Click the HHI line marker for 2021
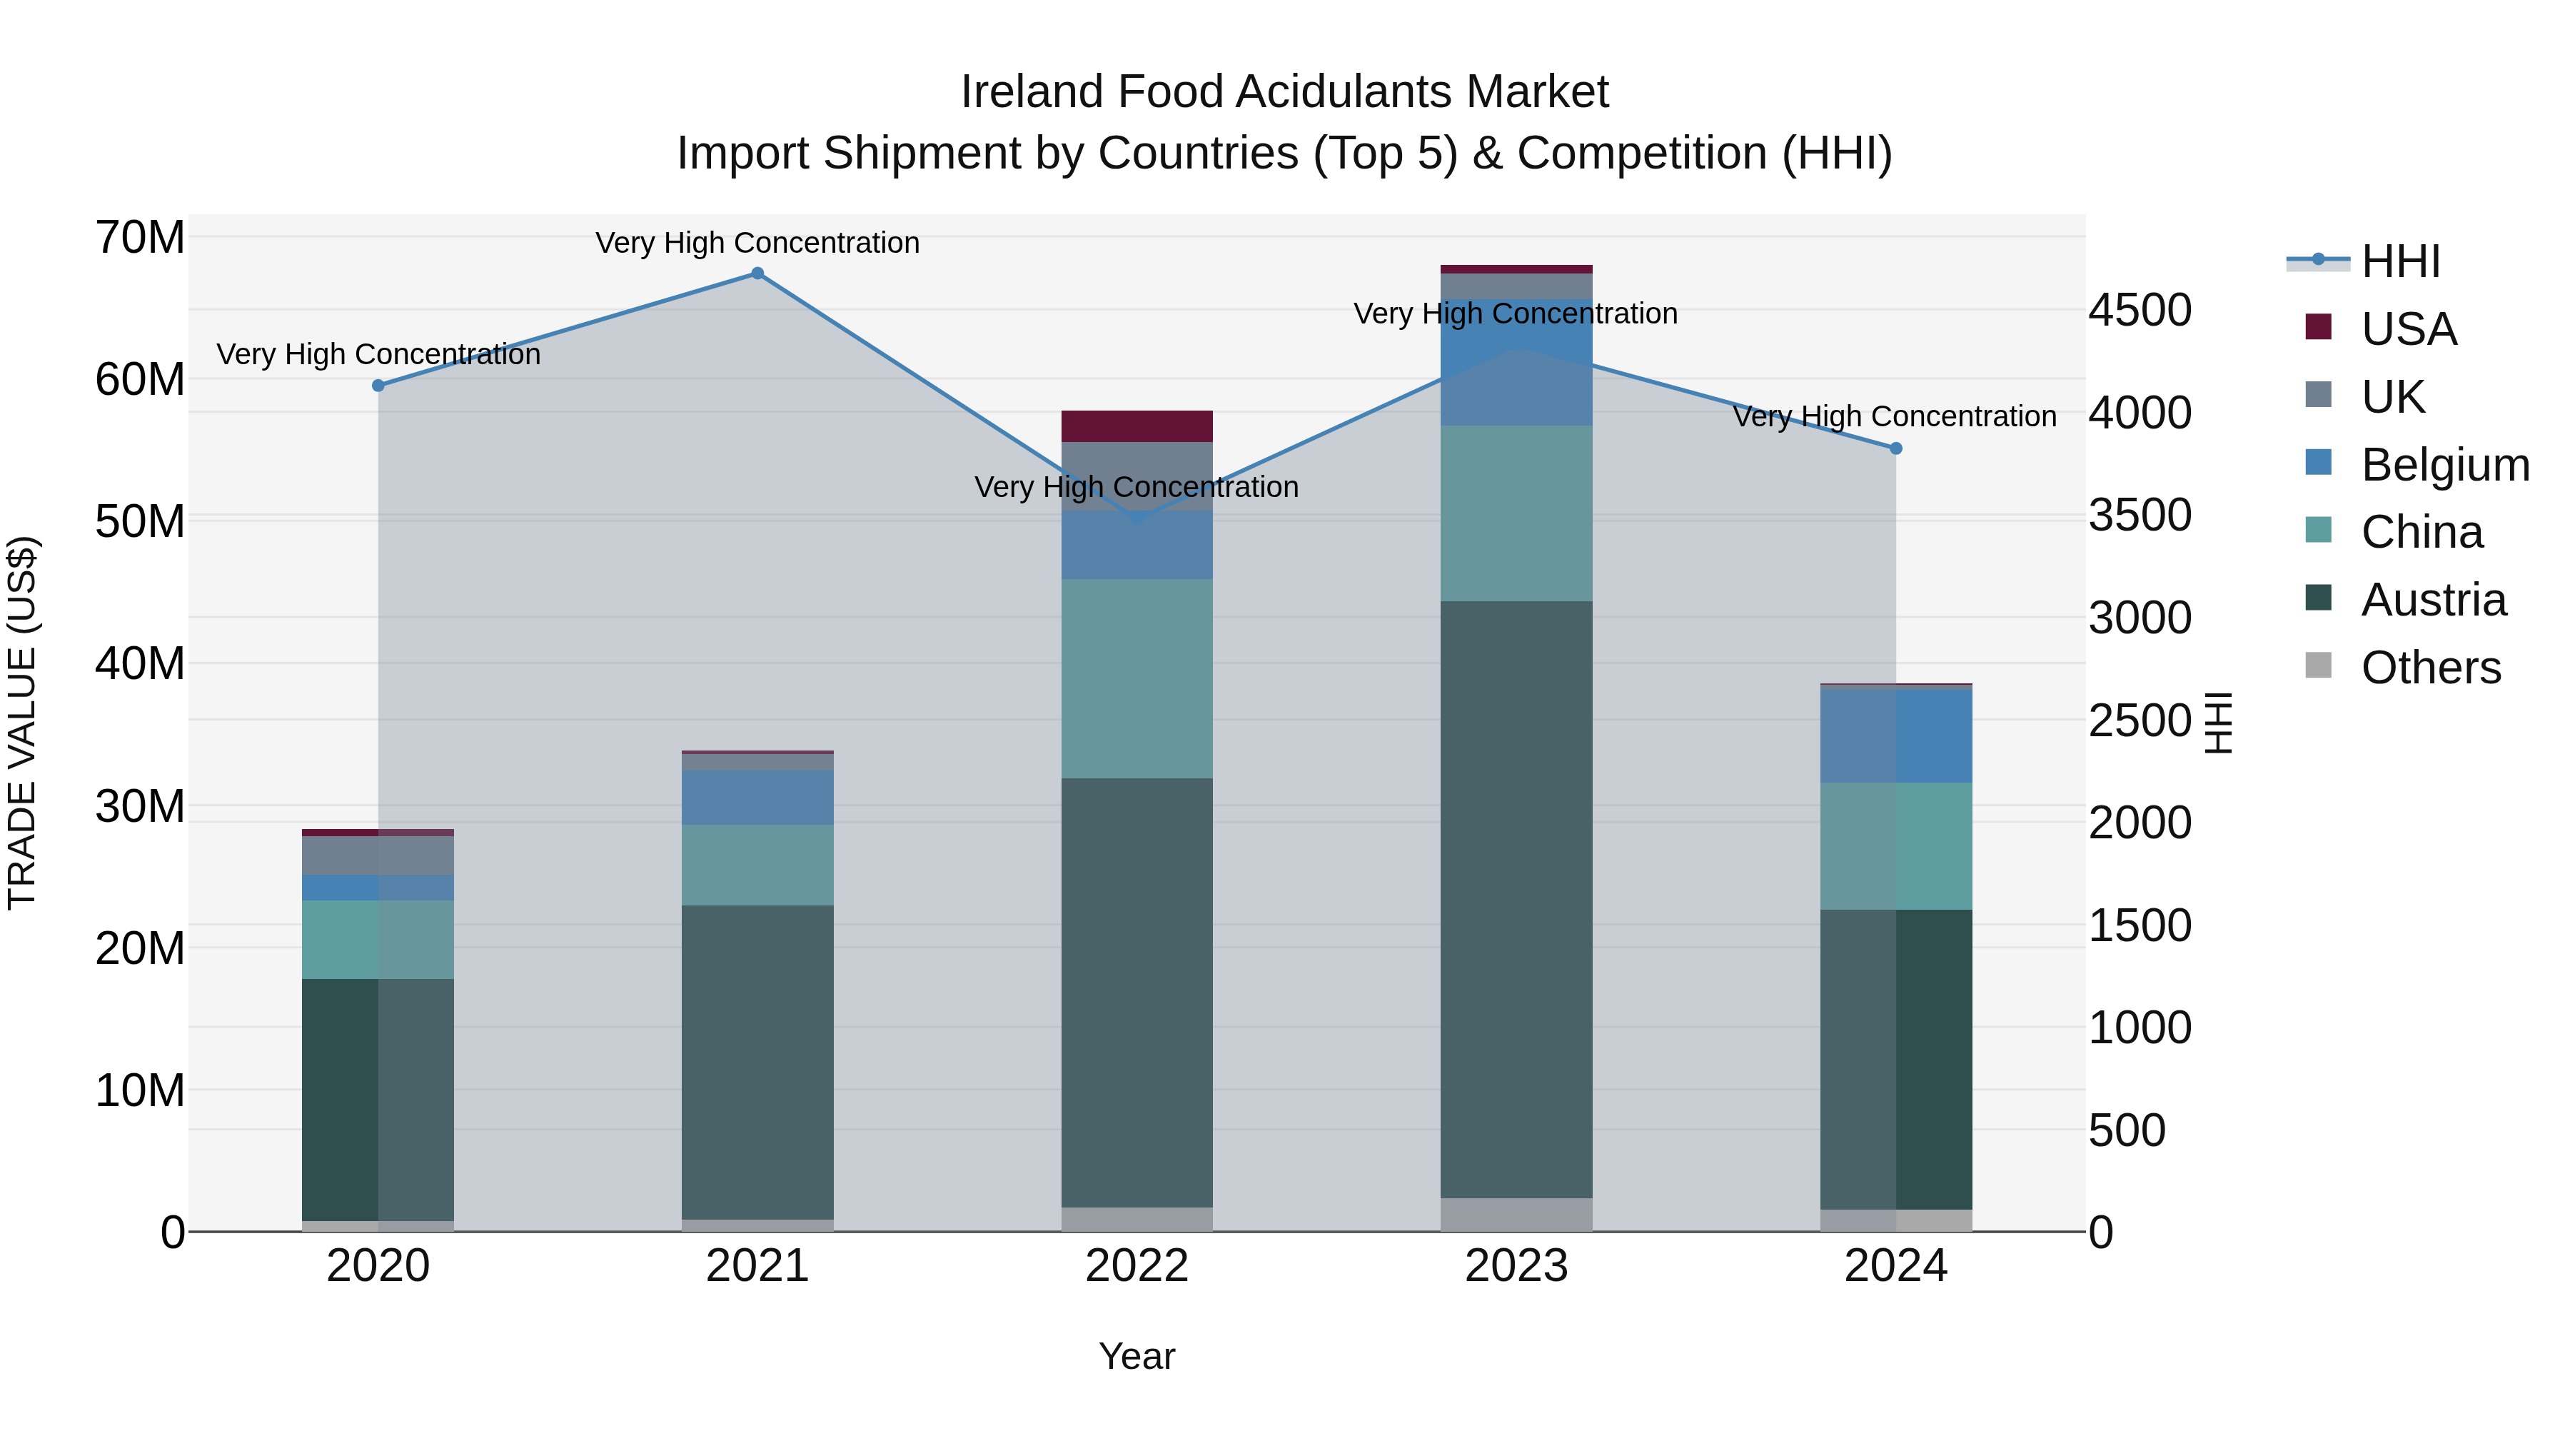757,273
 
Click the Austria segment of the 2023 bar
1516,898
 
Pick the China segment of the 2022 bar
1137,678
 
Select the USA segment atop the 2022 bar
1137,426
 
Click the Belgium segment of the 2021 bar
757,798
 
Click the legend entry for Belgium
2444,465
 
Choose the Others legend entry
2430,668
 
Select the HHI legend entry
2400,261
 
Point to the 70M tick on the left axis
140,239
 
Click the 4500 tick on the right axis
2140,311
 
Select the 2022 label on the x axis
1137,1266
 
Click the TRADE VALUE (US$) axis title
23,723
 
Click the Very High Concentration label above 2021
757,243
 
